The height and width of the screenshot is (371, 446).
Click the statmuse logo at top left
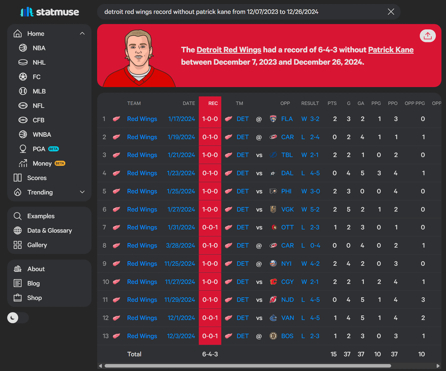[50, 12]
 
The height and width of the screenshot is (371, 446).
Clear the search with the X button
[391, 12]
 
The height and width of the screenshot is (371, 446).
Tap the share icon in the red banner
[427, 36]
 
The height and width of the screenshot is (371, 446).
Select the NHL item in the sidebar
[39, 62]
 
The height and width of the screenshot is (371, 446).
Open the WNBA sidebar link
[42, 135]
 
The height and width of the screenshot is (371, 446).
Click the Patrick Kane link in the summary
[391, 50]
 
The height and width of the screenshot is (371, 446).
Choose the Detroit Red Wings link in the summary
[229, 50]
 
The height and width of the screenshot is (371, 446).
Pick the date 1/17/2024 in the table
[181, 119]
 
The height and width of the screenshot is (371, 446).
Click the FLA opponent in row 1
[287, 119]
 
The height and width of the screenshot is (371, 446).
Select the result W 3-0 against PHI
[310, 191]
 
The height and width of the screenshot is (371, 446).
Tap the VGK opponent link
[287, 209]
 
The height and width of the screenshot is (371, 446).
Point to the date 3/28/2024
[180, 246]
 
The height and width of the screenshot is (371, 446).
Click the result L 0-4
[310, 246]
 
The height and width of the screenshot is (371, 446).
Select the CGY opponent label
[287, 282]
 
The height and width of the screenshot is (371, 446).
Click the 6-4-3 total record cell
[210, 354]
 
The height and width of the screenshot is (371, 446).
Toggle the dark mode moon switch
[18, 317]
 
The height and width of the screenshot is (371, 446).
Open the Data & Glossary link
[49, 230]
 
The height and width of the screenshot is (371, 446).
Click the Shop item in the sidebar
[34, 298]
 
